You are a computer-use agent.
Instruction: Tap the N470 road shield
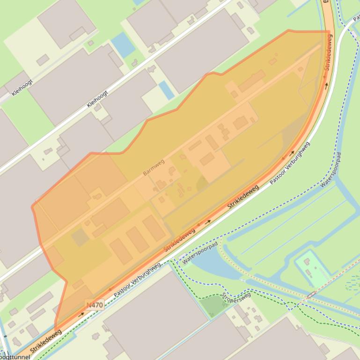coord(95,305)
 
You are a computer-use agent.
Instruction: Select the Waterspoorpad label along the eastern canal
coord(331,170)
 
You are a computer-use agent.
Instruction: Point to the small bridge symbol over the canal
coord(311,295)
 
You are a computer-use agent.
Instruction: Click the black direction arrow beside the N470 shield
coord(81,314)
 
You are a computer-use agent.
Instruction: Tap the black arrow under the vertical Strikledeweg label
coord(326,86)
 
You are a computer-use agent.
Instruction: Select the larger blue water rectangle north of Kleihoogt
coord(123,44)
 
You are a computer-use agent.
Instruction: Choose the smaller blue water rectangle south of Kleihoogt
coord(166,90)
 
